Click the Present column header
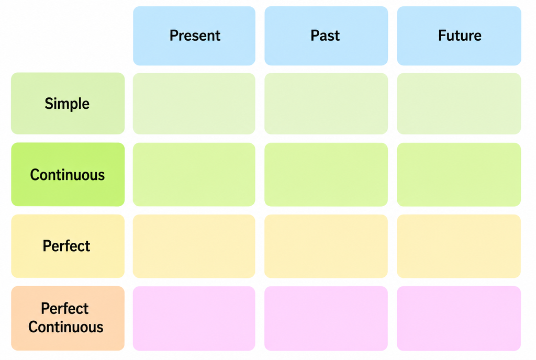(x=194, y=36)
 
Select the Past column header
(x=326, y=36)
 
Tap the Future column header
(x=459, y=36)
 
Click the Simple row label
(x=68, y=103)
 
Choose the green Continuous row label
(x=68, y=174)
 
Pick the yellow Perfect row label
(x=68, y=246)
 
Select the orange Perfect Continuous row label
(x=68, y=318)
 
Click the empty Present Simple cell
(x=194, y=104)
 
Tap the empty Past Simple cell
(x=326, y=104)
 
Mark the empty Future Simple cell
(x=459, y=104)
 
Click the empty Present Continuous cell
(x=194, y=175)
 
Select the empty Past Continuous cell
(x=326, y=175)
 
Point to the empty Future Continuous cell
(x=459, y=175)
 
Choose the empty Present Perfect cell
(x=194, y=246)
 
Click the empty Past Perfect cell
(x=326, y=246)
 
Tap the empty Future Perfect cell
(x=459, y=246)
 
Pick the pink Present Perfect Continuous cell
(x=194, y=319)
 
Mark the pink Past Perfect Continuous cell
(x=326, y=319)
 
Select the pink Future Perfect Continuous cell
(x=459, y=319)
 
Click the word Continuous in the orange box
(x=66, y=327)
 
